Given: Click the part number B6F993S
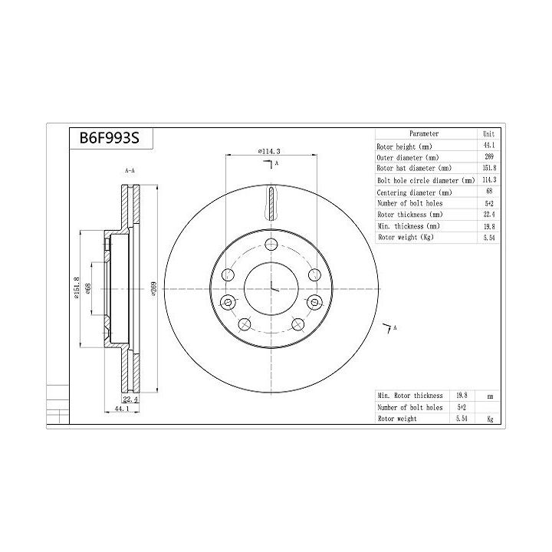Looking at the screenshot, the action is tap(110, 138).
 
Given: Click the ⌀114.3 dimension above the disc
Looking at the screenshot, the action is tap(269, 151).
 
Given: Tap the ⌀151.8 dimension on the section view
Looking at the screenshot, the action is tap(77, 287).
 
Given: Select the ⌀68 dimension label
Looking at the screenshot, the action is tap(88, 288).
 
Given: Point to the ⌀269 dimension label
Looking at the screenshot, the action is tap(153, 288).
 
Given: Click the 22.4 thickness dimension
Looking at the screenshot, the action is tap(130, 399).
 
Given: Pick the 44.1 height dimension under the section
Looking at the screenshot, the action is tap(122, 409).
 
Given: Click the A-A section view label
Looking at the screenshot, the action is tap(130, 170).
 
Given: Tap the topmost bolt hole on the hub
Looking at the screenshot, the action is tap(271, 244).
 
